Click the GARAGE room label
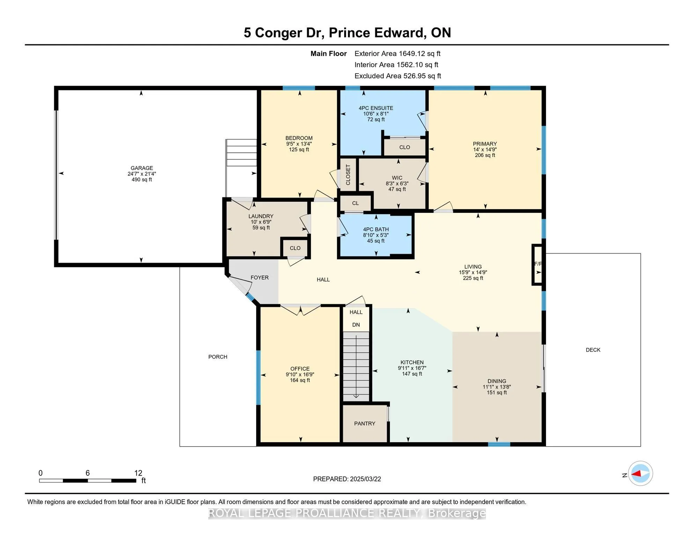pos(142,168)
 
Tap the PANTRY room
pos(364,424)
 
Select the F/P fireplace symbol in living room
pos(537,264)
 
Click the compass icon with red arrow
pos(640,474)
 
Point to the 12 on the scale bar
pos(138,473)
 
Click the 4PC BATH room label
pos(376,230)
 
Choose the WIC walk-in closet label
pos(397,178)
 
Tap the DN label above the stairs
pos(356,325)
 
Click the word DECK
pos(593,350)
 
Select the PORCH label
pos(218,357)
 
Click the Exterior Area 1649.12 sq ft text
pos(397,53)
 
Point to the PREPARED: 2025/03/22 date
pos(347,479)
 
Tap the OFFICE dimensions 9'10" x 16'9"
pos(300,374)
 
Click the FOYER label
pos(259,278)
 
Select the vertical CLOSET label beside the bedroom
pos(348,175)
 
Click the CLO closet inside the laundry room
pos(295,248)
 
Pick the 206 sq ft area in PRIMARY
pos(485,155)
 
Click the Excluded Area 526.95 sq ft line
pos(398,76)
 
